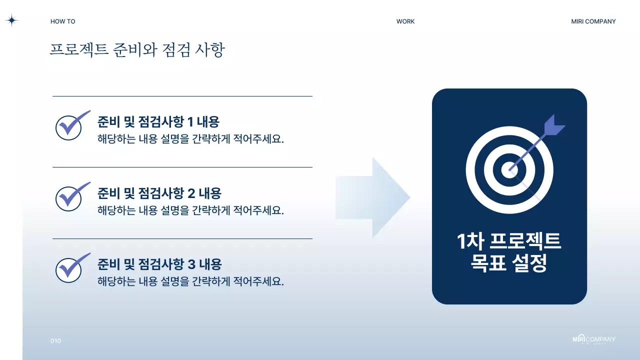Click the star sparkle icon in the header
(x=11, y=20)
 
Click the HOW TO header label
(x=63, y=21)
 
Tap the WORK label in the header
(x=405, y=21)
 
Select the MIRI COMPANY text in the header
(x=593, y=21)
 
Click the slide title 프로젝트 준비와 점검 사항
(x=137, y=50)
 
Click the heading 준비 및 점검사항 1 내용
(x=158, y=121)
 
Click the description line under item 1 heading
(x=190, y=139)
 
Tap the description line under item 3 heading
(x=190, y=281)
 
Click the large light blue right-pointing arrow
(x=372, y=197)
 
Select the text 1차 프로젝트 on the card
(x=509, y=241)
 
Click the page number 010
(x=55, y=341)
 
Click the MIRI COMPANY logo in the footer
(x=593, y=339)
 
